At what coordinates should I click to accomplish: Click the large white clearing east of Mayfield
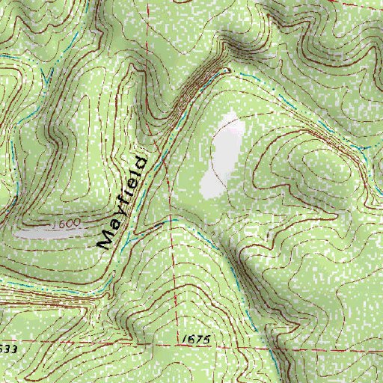[222, 156]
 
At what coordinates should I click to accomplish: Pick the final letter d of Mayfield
[140, 162]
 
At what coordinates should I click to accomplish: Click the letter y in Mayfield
[117, 212]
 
